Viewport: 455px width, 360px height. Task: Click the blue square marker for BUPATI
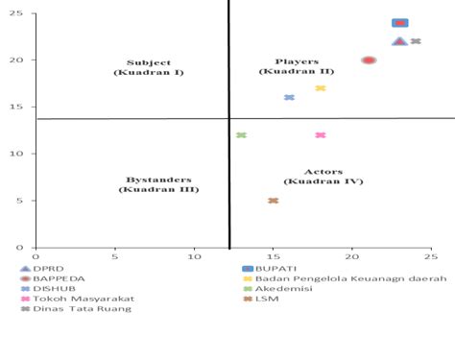click(x=400, y=23)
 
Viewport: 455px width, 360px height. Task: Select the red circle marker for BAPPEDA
click(x=369, y=60)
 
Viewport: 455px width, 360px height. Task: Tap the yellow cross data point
click(x=321, y=88)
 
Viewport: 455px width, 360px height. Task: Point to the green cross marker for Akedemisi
click(x=241, y=135)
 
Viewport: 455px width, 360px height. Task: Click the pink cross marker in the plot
click(x=321, y=135)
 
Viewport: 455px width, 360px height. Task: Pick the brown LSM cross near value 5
click(x=274, y=201)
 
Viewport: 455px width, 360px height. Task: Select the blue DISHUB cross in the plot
click(x=289, y=98)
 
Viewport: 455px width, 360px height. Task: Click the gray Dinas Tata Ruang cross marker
click(x=416, y=41)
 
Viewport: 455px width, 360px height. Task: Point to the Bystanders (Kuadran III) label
click(x=158, y=184)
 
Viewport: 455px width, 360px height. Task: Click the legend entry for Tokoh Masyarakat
click(x=78, y=299)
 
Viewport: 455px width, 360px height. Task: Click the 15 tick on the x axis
click(x=274, y=257)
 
